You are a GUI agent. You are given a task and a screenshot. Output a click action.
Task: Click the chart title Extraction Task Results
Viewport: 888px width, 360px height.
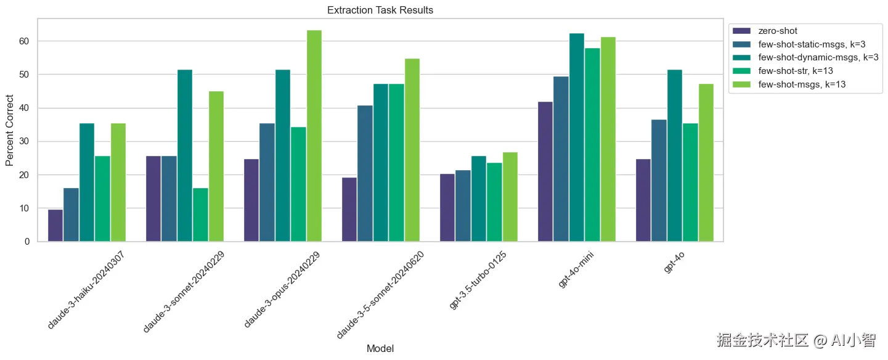(x=380, y=10)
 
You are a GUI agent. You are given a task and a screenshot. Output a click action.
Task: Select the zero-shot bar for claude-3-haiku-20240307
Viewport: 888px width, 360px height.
(x=55, y=225)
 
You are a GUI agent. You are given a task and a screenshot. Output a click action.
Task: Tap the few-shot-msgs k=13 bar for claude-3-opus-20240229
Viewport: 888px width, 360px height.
(x=314, y=136)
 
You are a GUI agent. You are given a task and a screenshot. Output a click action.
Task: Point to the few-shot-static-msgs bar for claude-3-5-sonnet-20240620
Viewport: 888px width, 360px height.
(x=365, y=173)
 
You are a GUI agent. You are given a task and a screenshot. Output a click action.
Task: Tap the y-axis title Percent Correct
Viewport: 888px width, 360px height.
(x=9, y=130)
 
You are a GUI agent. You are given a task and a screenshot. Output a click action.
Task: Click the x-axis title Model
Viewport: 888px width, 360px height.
(x=380, y=349)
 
